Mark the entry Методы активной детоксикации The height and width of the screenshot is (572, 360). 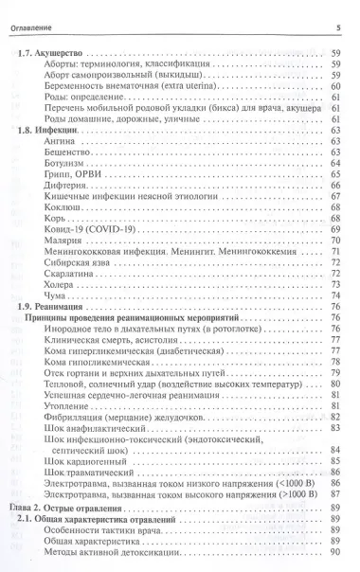pos(113,551)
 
